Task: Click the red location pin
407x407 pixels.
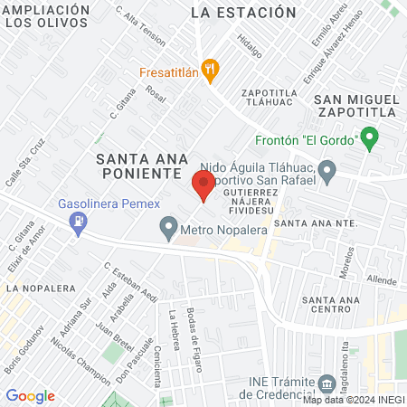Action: tap(203, 185)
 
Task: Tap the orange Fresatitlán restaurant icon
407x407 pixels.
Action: tap(211, 68)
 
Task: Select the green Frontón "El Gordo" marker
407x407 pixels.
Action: tap(368, 139)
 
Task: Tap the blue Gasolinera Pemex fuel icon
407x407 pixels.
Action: tap(80, 219)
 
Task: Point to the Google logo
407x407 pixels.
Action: tap(30, 395)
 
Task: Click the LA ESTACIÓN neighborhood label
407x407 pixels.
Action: tap(244, 13)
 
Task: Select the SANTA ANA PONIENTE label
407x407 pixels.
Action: tap(138, 166)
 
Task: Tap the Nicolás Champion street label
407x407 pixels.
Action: tap(71, 358)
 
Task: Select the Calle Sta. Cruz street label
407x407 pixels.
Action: tap(24, 163)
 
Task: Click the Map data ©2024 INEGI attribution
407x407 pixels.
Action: tap(354, 399)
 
